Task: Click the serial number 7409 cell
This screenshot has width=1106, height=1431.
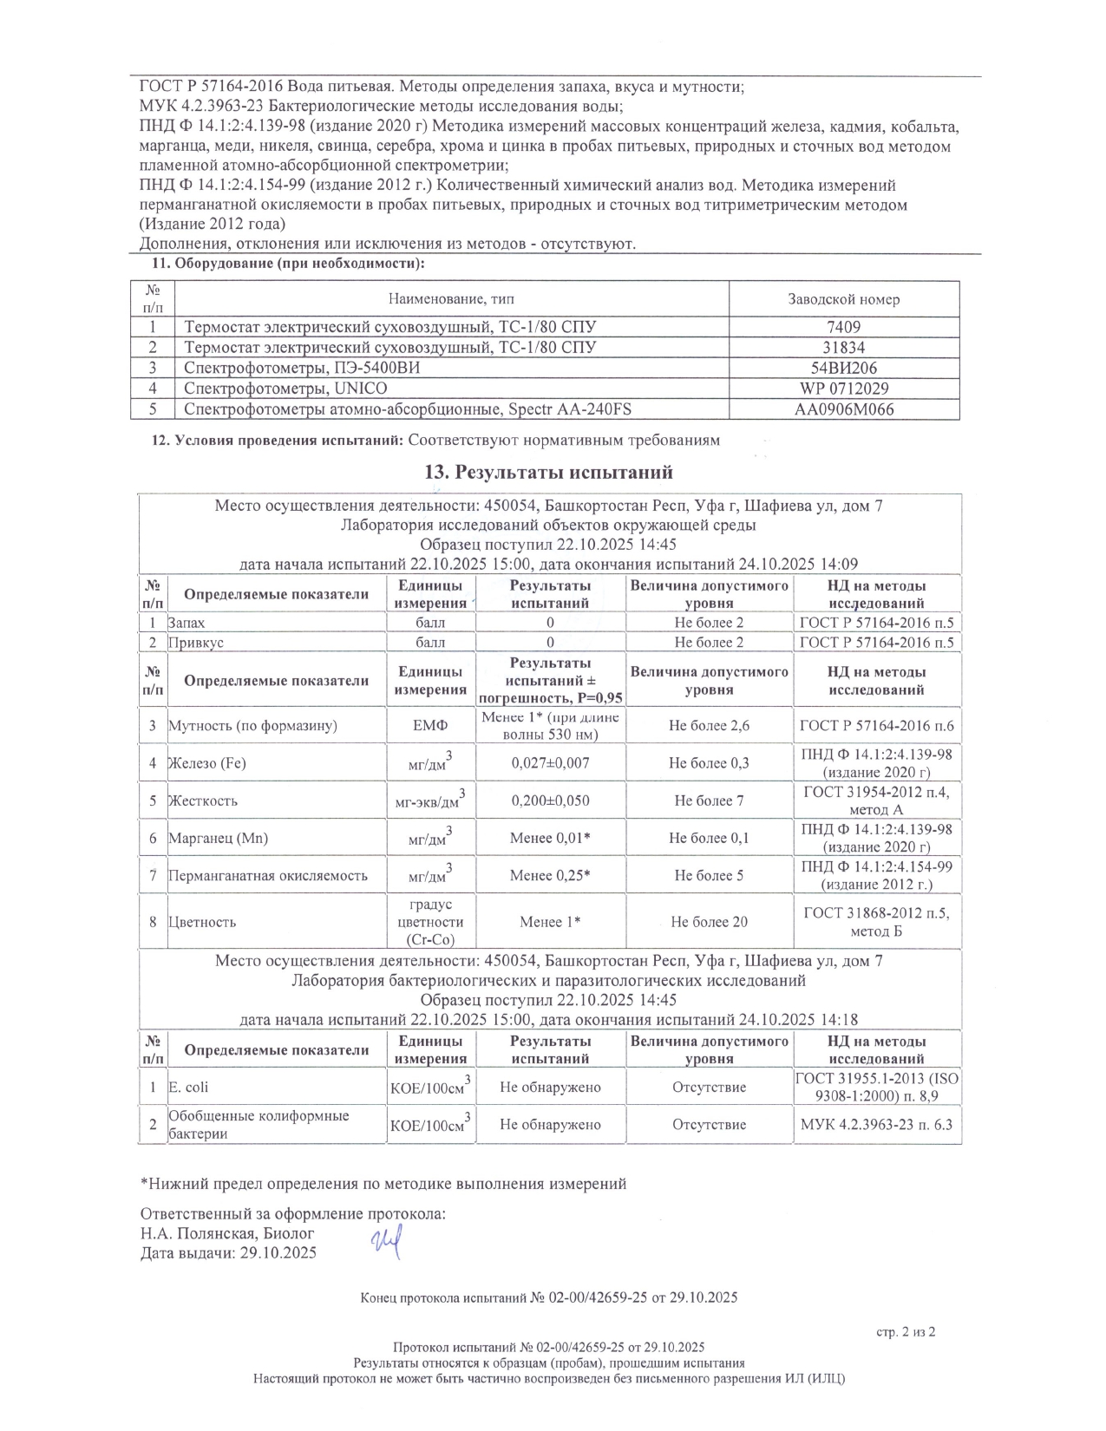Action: pos(843,327)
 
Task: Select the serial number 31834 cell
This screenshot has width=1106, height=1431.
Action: pos(843,347)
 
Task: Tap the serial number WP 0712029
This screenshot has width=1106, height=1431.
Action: pos(843,389)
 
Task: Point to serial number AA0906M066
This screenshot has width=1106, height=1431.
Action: pos(843,409)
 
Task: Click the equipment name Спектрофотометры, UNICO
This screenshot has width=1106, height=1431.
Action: pos(285,389)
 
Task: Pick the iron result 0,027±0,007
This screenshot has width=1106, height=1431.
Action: pos(550,763)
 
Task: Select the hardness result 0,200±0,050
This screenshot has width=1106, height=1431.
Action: pos(550,800)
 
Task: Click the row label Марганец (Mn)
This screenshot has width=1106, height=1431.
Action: pos(218,838)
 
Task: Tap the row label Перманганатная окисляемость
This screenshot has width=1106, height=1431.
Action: pos(267,875)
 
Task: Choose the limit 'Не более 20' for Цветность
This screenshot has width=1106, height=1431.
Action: pos(709,922)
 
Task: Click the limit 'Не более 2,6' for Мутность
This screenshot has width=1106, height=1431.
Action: pos(709,725)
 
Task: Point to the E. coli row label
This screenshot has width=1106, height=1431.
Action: pos(188,1087)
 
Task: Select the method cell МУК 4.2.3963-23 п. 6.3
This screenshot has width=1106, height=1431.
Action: pos(876,1125)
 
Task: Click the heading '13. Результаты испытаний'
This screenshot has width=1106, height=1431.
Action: pos(548,473)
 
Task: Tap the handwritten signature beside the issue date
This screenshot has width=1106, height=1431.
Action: pos(386,1245)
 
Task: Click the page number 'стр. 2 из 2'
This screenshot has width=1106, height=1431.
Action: pos(906,1332)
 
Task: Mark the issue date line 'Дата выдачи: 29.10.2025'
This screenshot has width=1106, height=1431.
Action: pos(228,1253)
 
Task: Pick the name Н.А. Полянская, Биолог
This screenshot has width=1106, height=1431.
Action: pos(227,1233)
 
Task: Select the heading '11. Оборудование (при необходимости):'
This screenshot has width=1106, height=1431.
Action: pos(288,264)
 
